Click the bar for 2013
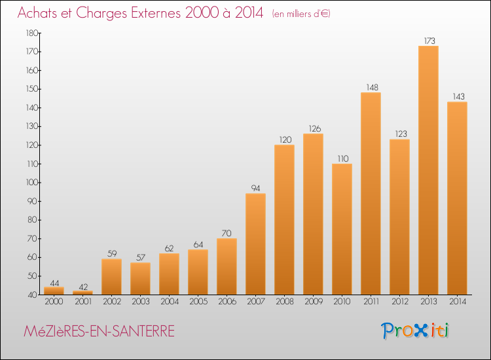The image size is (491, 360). tap(428, 170)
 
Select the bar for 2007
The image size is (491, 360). tap(255, 244)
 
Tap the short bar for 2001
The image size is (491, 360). tap(82, 293)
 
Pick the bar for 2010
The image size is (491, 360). tap(342, 229)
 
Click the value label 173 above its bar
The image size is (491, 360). tap(429, 41)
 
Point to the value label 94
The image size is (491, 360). tap(255, 188)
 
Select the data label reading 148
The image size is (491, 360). tap(372, 87)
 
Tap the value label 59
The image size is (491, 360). tap(112, 253)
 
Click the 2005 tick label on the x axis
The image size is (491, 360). tap(198, 302)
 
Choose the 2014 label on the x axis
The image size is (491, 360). tap(458, 302)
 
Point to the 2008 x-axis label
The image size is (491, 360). tap(285, 302)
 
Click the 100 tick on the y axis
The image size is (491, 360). tap(31, 183)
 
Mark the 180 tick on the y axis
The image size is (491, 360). tap(31, 33)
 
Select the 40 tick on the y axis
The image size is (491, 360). tap(33, 295)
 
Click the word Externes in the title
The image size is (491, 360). tap(156, 12)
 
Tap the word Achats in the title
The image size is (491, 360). tap(37, 12)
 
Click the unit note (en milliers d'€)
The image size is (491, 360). tap(301, 14)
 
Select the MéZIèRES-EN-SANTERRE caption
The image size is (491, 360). tap(99, 331)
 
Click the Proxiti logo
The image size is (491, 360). tap(414, 331)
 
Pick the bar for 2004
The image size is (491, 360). tap(169, 274)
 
